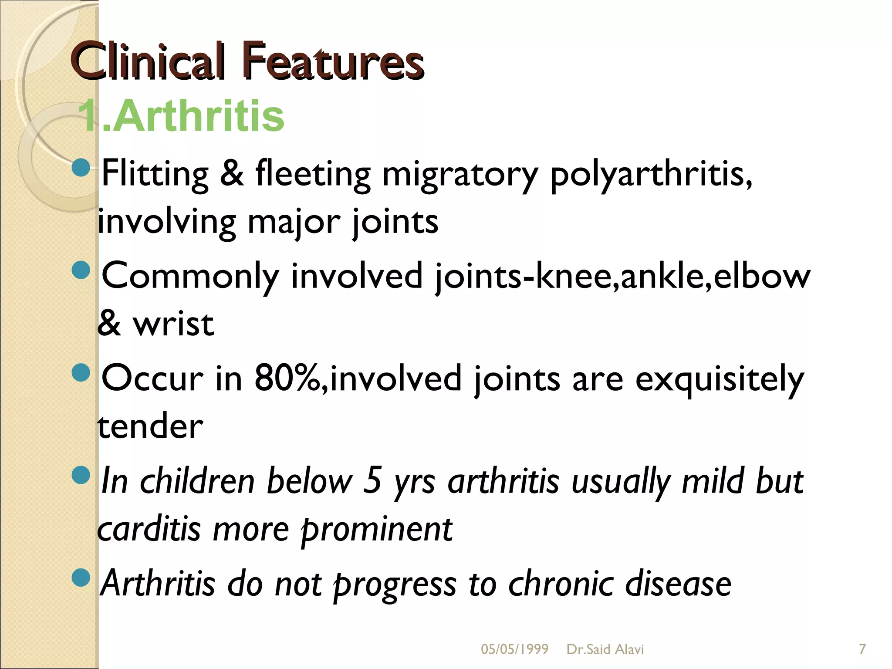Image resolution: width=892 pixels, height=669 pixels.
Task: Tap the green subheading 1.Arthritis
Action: point(181,116)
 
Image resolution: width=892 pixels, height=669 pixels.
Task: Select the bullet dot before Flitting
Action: point(81,167)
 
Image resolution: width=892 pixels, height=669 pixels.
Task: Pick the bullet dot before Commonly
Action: point(81,270)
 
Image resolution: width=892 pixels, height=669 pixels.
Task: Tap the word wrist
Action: point(173,324)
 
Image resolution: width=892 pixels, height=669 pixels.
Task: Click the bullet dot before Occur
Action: point(81,372)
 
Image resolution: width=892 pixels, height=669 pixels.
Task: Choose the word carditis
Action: point(149,529)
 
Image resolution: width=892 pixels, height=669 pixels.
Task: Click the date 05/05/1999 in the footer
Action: point(514,649)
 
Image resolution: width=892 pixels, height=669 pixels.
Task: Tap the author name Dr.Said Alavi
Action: point(605,649)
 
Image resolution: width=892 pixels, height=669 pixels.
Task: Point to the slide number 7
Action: point(862,649)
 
